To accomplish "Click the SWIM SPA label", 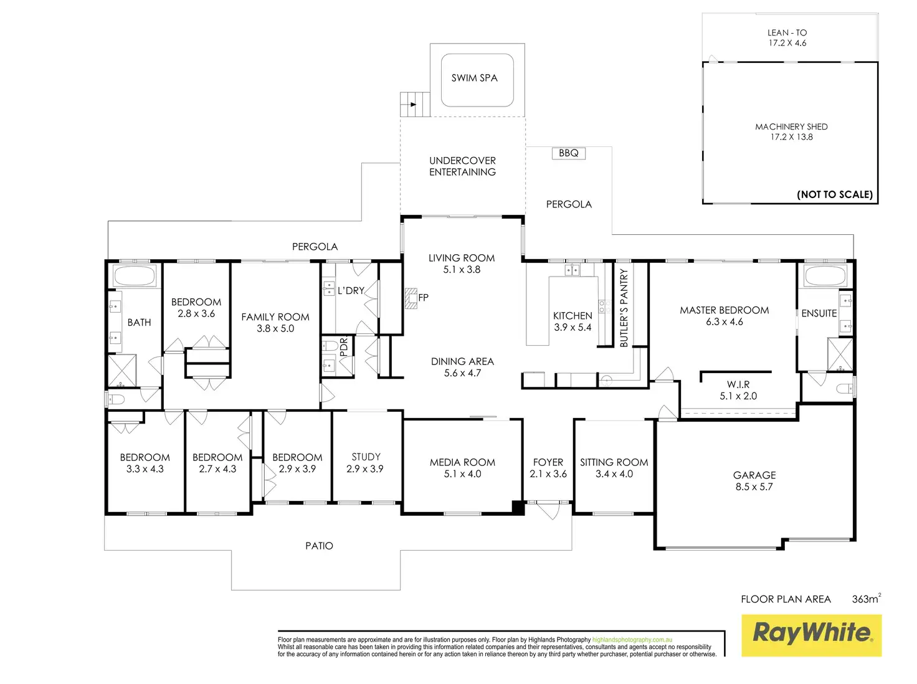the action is tap(474, 78).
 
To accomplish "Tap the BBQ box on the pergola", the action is tap(569, 153).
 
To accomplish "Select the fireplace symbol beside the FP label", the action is tap(410, 298).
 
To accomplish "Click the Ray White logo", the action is tap(811, 635).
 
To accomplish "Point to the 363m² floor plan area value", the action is tap(866, 599).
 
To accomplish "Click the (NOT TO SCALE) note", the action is tap(835, 194).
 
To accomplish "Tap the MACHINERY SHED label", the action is tap(791, 126).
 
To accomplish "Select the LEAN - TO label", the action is tap(787, 32).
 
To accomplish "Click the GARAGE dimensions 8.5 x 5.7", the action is tap(754, 487).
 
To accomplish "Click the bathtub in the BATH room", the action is tap(134, 275).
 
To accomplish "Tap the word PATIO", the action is tap(319, 546).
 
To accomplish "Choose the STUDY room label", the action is tap(366, 457).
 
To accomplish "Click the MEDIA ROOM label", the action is tap(462, 462).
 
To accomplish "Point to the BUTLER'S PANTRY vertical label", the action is tap(624, 307).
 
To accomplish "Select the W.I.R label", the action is tap(738, 384).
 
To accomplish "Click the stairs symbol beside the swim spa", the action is tap(415, 104).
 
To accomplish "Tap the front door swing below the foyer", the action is tap(548, 510).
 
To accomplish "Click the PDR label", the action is tap(343, 348).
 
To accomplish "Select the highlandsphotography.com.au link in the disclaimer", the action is tap(632, 640).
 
